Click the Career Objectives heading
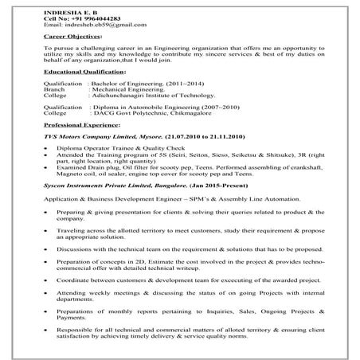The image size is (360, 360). click(72, 37)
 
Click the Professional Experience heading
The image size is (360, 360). click(81, 126)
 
